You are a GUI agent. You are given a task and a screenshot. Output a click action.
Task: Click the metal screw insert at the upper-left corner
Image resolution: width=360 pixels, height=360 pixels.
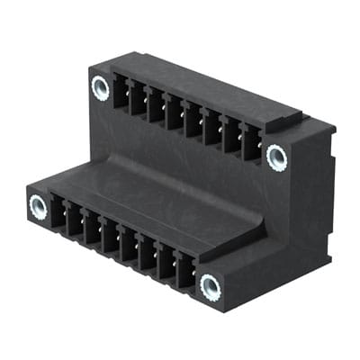click(x=100, y=87)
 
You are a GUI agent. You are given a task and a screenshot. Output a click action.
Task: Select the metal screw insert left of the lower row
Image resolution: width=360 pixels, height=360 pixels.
click(x=38, y=207)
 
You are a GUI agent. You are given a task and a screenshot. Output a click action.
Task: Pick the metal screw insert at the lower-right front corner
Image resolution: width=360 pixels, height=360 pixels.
click(x=210, y=287)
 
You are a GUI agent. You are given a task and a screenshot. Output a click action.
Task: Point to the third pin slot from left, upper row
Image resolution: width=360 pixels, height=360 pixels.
click(x=157, y=105)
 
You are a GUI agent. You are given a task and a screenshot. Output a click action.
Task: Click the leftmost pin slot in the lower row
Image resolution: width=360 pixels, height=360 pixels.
click(x=58, y=215)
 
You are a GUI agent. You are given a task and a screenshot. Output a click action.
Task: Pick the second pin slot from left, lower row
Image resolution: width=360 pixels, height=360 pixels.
click(x=76, y=222)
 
